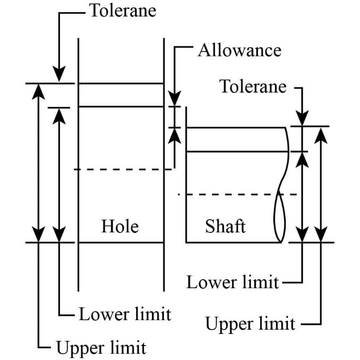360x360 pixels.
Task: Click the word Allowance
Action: [239, 50]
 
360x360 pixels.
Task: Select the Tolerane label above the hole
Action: [123, 11]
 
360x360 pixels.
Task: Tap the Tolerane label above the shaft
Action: [253, 86]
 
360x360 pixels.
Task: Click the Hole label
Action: [120, 227]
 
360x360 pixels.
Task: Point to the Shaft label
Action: [225, 227]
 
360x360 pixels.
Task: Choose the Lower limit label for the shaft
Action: [232, 282]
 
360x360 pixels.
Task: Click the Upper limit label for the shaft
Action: [250, 323]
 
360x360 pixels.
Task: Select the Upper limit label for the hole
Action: [101, 349]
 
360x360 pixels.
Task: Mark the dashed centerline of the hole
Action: [122, 170]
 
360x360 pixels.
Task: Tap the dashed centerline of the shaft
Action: [229, 194]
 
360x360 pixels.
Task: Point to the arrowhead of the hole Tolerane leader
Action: [60, 74]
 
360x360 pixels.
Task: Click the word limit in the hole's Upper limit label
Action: [128, 349]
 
